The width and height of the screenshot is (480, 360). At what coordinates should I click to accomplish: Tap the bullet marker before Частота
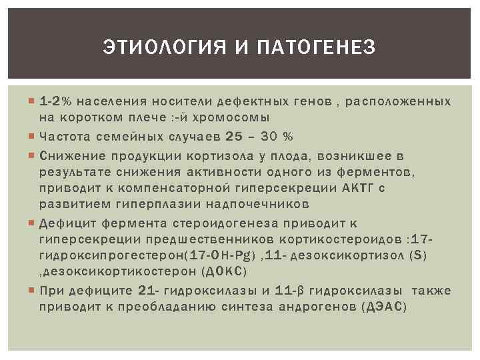pos(33,137)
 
